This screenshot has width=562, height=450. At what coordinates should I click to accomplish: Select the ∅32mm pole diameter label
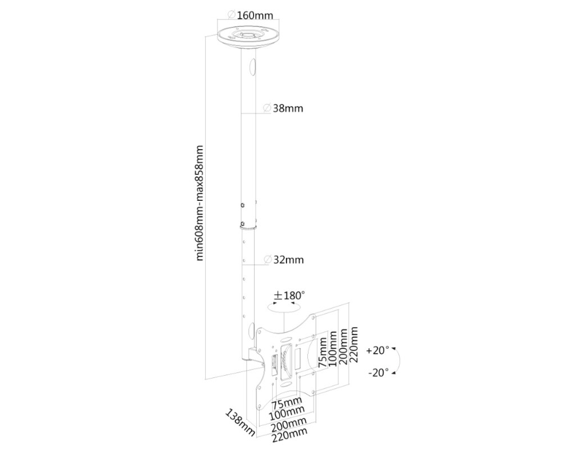pos(283,260)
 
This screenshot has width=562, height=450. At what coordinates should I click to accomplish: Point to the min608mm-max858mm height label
pos(200,203)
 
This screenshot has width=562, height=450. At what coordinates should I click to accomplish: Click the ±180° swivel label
pos(289,295)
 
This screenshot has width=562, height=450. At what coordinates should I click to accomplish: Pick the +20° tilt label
pos(377,350)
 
